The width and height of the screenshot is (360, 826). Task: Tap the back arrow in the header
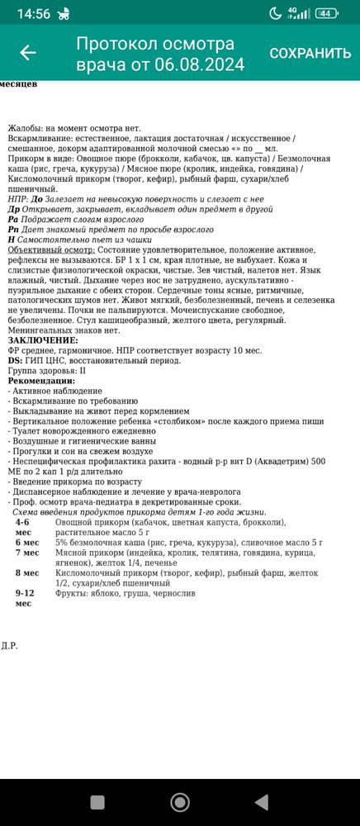[28, 53]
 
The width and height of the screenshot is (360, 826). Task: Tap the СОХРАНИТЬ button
[310, 53]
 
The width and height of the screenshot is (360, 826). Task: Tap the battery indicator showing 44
[327, 13]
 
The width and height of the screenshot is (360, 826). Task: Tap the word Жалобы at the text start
[26, 128]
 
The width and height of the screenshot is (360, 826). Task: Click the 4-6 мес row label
[22, 527]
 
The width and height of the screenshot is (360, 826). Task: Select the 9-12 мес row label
[25, 598]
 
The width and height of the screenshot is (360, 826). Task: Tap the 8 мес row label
[26, 572]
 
